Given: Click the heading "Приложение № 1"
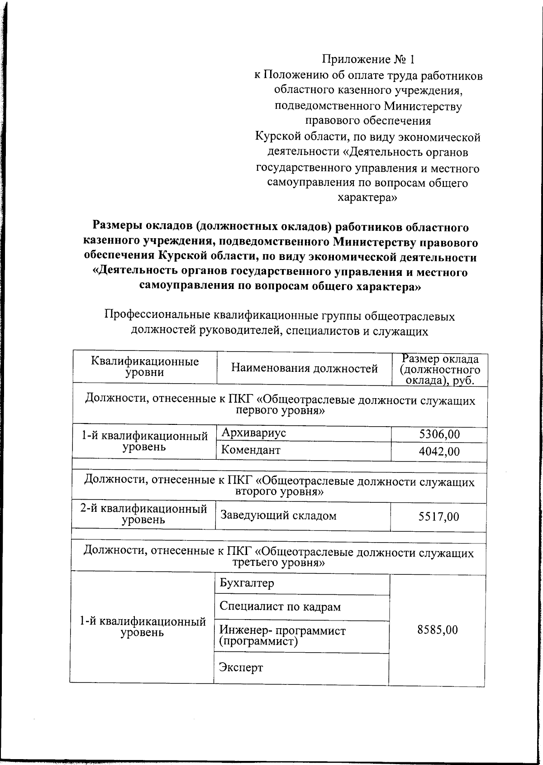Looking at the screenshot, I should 368,59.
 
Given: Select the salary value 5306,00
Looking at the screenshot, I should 439,434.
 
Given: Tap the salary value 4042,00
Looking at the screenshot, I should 439,452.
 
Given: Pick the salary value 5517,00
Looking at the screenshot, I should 438,516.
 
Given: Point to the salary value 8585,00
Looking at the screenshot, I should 437,630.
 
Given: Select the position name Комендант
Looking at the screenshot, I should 250,450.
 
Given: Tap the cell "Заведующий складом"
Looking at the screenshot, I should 278,515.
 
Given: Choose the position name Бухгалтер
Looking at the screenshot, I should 247,583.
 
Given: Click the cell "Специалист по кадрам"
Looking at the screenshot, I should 280,606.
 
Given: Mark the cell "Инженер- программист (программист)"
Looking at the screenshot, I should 282,636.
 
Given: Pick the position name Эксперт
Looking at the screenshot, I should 241,667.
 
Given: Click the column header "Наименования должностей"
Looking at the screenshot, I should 304,368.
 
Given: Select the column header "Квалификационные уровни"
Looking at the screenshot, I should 145,367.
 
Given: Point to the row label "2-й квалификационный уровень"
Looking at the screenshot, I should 143,514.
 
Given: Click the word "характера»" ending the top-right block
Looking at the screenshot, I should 367,198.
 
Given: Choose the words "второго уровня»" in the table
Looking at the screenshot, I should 280,491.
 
